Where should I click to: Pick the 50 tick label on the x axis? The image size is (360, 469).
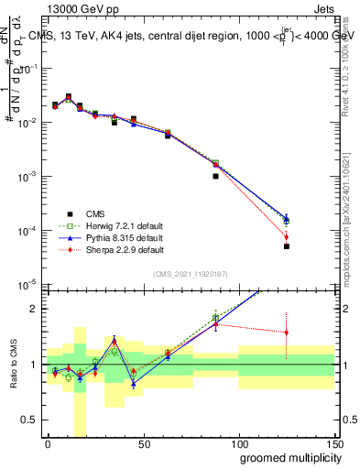(142, 444)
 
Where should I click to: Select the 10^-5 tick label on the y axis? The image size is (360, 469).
(29, 284)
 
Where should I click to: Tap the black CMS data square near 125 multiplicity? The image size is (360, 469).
(287, 246)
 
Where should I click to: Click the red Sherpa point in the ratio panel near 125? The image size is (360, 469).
(287, 333)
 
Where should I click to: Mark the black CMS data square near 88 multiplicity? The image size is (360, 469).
(215, 176)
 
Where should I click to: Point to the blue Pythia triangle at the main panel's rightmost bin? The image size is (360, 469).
(287, 219)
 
